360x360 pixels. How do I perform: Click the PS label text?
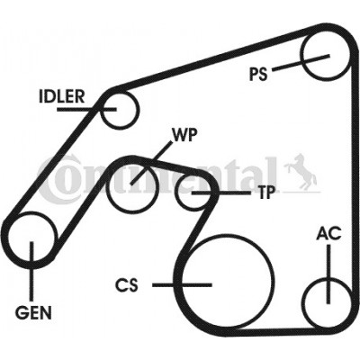(258, 74)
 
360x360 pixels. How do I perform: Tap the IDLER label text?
(62, 96)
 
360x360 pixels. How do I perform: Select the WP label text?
(184, 135)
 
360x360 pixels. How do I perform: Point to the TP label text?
(266, 193)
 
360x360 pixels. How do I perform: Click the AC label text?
(328, 233)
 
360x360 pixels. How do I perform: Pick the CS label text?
(127, 285)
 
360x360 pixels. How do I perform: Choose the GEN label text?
(33, 313)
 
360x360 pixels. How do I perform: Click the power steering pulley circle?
(301, 57)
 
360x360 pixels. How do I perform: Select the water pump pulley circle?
(107, 189)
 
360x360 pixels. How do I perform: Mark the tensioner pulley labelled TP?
(176, 192)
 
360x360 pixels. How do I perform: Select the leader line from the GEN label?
(31, 271)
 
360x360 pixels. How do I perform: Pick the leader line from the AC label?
(328, 274)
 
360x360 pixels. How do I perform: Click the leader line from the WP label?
(152, 162)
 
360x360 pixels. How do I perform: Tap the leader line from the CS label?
(182, 285)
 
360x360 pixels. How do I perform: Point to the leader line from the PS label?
(301, 63)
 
